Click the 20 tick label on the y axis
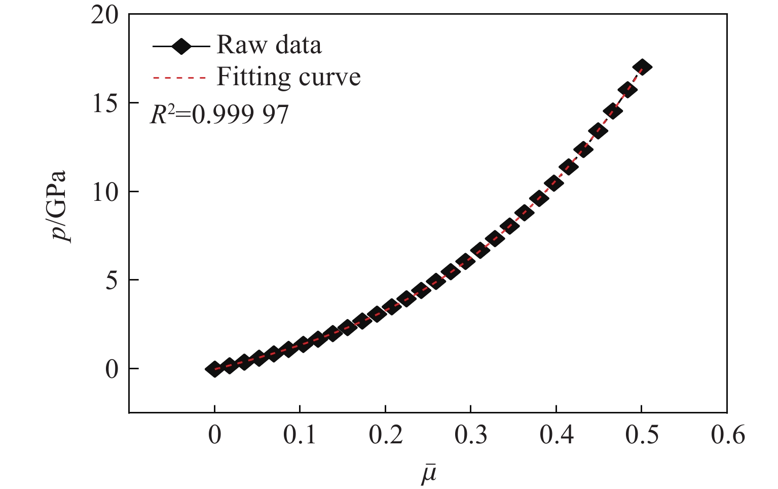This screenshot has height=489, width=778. [x=105, y=15]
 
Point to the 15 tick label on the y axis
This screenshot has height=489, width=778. [x=105, y=103]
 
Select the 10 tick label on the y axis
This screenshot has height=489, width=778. [x=105, y=192]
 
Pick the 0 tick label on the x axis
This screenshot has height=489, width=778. [x=214, y=435]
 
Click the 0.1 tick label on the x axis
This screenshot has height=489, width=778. [x=300, y=435]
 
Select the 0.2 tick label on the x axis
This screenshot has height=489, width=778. [x=385, y=435]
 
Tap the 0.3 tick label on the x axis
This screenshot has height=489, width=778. [x=471, y=435]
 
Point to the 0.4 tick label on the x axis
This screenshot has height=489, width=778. [x=557, y=435]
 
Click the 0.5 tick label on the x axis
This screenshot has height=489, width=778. [x=642, y=435]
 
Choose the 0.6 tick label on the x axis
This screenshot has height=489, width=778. [x=727, y=435]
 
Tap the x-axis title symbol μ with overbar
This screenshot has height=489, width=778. [x=429, y=474]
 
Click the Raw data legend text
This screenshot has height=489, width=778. [x=269, y=45]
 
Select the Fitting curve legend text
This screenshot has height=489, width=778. [x=288, y=77]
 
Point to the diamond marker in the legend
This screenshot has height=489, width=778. [x=181, y=47]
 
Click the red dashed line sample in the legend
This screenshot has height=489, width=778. [x=180, y=78]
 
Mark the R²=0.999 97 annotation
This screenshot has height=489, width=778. [x=219, y=115]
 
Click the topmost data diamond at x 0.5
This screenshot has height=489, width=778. [x=643, y=67]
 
